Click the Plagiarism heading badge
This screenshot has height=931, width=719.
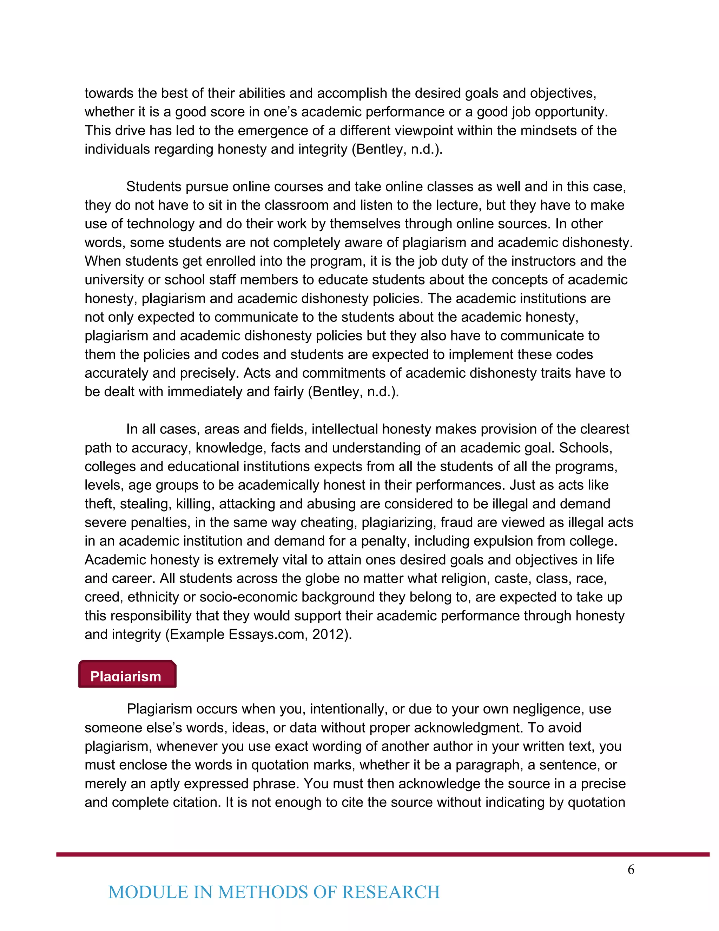click(x=127, y=674)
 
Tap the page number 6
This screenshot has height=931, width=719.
click(x=631, y=869)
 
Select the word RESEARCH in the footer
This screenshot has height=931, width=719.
click(x=391, y=892)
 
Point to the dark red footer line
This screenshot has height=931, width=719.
click(x=383, y=854)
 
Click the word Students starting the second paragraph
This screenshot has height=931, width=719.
click(x=154, y=187)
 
